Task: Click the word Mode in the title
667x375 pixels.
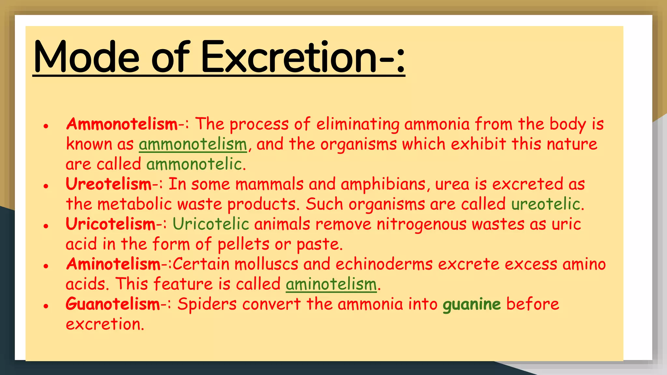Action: (86, 57)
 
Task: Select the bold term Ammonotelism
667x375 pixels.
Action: (122, 124)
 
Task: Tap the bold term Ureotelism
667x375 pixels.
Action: (108, 184)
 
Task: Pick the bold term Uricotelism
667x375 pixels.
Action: (111, 224)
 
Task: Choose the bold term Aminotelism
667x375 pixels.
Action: (113, 264)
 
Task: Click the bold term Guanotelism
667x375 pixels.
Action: (113, 304)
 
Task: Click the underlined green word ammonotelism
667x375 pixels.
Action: (193, 145)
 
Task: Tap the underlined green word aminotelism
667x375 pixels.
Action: (331, 284)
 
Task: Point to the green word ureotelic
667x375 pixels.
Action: (546, 204)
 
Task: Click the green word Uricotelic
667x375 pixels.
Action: (211, 224)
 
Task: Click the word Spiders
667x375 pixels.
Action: (207, 304)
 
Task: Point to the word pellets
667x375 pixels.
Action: (243, 244)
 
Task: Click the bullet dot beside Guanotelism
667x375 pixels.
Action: (46, 306)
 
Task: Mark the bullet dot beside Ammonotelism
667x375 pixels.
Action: (46, 126)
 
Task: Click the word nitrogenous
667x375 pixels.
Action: (421, 224)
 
